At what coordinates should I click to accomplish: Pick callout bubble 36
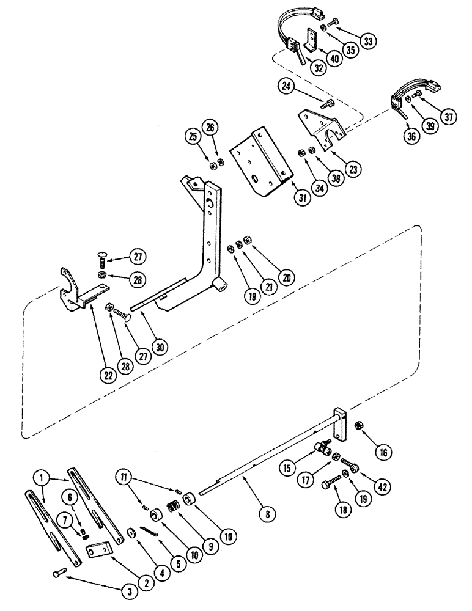coord(411,136)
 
